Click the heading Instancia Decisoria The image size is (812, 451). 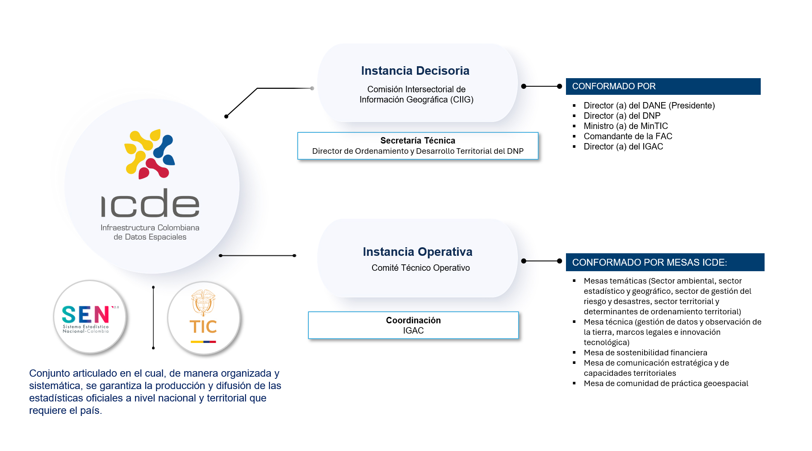(x=415, y=70)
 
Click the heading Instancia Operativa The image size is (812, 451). (x=417, y=252)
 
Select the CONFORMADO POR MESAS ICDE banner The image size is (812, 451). (x=665, y=262)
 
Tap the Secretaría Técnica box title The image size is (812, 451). (x=418, y=141)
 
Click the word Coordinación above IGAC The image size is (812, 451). (x=413, y=320)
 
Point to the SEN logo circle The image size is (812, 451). (x=90, y=317)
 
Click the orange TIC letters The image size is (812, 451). (x=203, y=327)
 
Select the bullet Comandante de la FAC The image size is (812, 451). (x=628, y=136)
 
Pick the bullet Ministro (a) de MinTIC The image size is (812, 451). (x=626, y=126)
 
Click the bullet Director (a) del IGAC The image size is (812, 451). (x=623, y=146)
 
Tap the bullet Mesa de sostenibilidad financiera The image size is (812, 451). (x=645, y=353)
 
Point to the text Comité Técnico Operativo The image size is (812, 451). (x=421, y=268)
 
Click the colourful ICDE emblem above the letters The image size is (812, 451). (x=150, y=154)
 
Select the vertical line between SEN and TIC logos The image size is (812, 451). (x=153, y=317)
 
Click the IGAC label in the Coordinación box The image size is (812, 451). (x=413, y=331)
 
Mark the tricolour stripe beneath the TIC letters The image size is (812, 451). (x=203, y=342)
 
